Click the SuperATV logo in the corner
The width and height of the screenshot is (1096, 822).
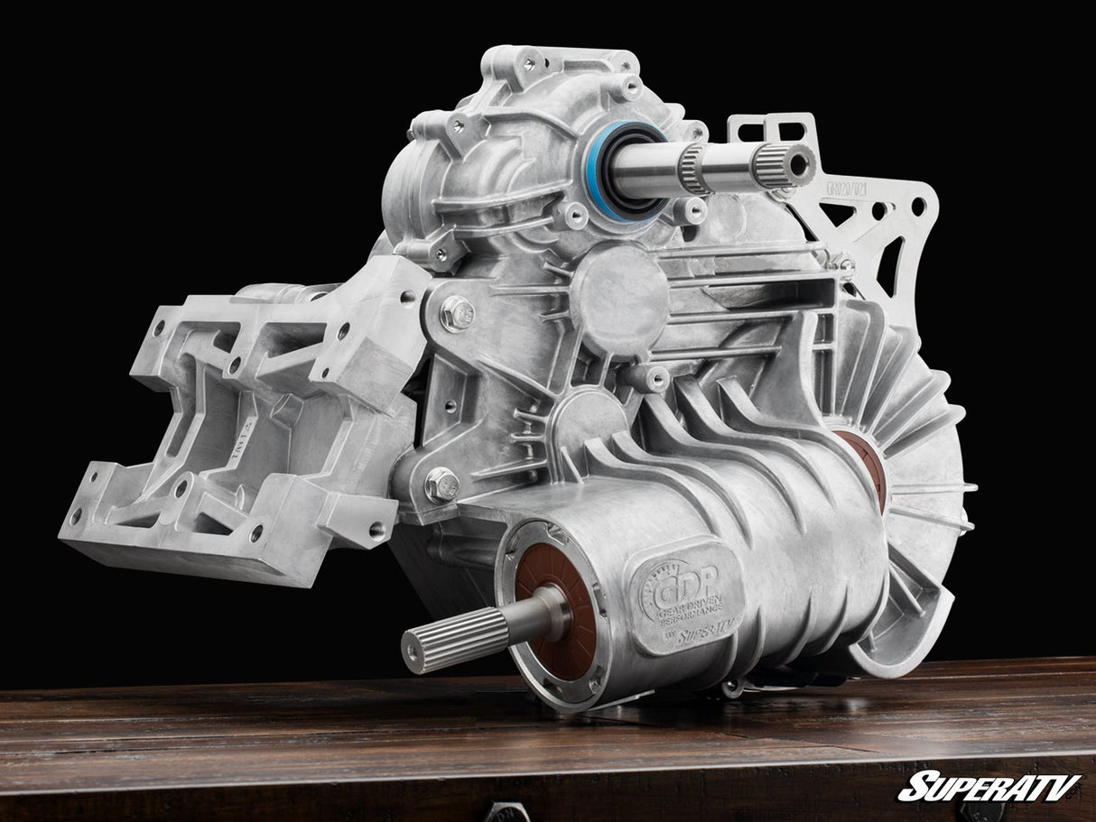pyautogui.click(x=989, y=786)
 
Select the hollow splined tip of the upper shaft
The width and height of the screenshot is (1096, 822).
pyautogui.click(x=794, y=163)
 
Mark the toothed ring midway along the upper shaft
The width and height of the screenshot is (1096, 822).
pyautogui.click(x=694, y=169)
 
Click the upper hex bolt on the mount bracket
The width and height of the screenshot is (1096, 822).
pyautogui.click(x=458, y=313)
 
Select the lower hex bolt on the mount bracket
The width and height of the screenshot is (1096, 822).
pyautogui.click(x=441, y=485)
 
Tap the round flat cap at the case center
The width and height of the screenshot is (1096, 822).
pyautogui.click(x=618, y=298)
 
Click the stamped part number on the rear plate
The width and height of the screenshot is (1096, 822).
pyautogui.click(x=848, y=192)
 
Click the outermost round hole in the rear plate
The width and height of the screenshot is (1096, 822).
pyautogui.click(x=919, y=207)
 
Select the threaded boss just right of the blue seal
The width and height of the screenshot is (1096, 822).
pyautogui.click(x=692, y=209)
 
